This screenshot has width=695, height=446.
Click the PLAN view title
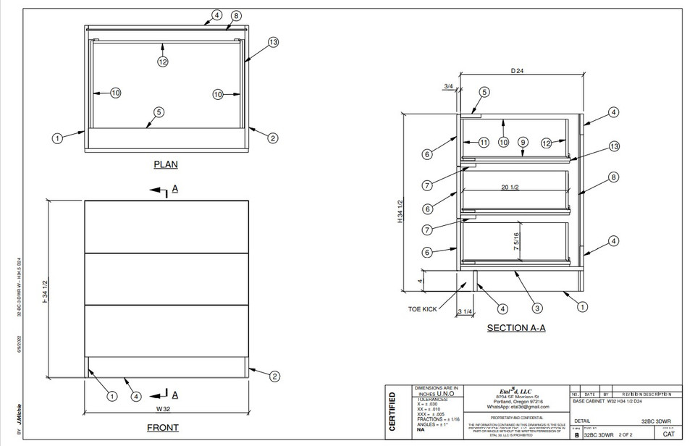(166, 164)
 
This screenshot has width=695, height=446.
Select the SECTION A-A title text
(516, 328)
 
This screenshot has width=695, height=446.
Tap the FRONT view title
(163, 428)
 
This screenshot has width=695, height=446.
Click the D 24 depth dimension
(517, 71)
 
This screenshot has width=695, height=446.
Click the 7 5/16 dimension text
(516, 240)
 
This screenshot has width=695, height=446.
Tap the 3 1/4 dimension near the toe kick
(466, 313)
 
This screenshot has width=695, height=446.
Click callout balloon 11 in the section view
(484, 143)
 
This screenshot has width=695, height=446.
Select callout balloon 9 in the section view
(522, 143)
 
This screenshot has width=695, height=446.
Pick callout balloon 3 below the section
(537, 308)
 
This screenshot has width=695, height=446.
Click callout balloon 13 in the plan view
(273, 43)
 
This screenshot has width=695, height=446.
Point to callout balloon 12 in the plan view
(163, 62)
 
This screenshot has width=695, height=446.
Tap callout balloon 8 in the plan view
(236, 15)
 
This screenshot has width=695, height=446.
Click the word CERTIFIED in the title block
(393, 412)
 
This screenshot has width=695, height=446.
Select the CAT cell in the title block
(668, 434)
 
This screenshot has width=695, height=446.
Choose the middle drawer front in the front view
(167, 279)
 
